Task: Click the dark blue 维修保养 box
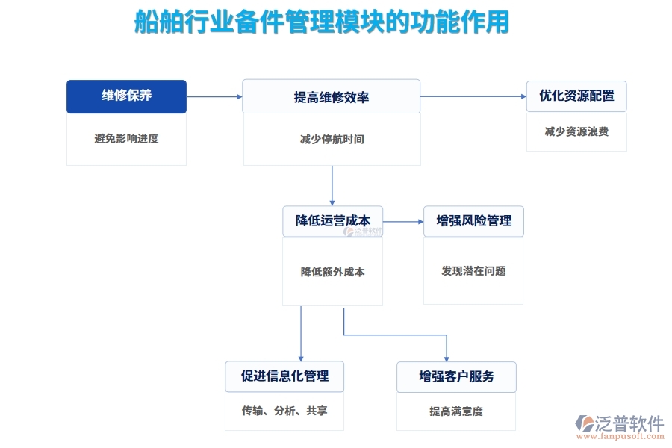click(126, 96)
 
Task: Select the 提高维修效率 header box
click(332, 97)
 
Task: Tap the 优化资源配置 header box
click(576, 96)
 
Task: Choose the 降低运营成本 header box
click(332, 221)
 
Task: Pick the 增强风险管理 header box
click(473, 221)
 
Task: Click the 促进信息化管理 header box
click(284, 376)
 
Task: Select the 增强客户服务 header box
click(456, 376)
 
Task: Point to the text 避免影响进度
click(126, 138)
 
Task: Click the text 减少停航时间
click(332, 139)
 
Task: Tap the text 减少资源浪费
click(576, 131)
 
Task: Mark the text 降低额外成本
click(332, 272)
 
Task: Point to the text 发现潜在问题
click(473, 271)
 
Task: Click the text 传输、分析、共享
click(284, 411)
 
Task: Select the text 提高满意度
click(456, 411)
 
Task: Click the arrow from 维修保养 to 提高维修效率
click(214, 96)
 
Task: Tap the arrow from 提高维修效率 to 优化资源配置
click(473, 96)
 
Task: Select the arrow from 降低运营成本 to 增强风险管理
click(403, 221)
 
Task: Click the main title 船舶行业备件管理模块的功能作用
click(321, 22)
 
